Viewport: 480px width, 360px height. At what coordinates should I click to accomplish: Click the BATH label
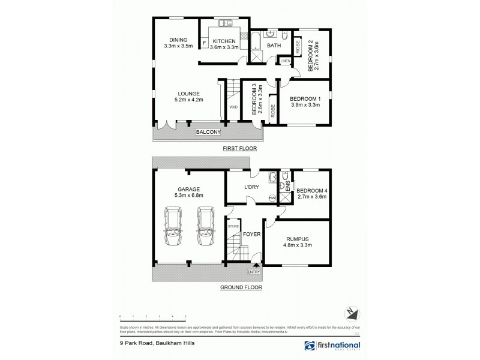(274, 45)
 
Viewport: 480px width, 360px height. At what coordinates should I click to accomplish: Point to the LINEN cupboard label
(285, 61)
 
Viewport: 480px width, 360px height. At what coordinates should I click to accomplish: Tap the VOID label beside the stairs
(233, 107)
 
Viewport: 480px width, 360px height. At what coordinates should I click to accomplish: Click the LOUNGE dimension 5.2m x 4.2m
(188, 100)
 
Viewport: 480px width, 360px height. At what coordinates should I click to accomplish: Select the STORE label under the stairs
(233, 227)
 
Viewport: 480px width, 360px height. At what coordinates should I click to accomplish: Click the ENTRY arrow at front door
(257, 265)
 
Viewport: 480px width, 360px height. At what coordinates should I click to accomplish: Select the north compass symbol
(352, 311)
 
